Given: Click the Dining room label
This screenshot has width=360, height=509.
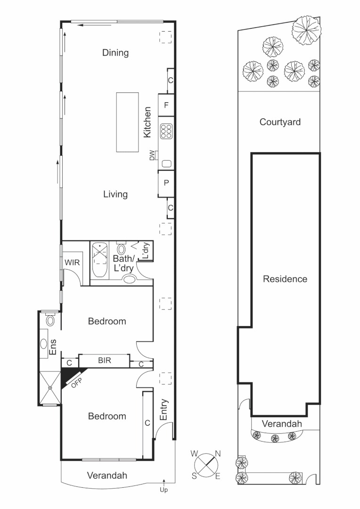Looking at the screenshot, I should pos(115,53).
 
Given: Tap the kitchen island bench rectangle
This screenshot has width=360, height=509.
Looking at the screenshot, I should pos(128,122).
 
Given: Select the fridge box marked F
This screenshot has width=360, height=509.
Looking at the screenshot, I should pos(166,106).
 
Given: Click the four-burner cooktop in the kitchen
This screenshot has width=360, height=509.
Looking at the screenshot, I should pos(166,131).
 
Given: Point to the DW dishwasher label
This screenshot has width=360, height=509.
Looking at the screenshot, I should pos(152,155).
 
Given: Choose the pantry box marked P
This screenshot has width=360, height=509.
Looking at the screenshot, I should pos(166,183).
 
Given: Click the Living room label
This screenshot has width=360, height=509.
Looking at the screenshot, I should pos(115,194).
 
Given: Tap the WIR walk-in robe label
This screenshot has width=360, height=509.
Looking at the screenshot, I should pos(72,263).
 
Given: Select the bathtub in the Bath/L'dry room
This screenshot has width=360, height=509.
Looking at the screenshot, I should pos(99,261).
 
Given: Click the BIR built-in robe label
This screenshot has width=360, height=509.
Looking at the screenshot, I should pos(104,361).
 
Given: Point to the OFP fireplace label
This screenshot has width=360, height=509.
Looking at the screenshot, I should pos(77,382).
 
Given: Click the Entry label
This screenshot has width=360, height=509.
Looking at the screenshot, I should pos(164,410).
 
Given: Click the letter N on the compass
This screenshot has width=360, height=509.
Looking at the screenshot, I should pos(218,454).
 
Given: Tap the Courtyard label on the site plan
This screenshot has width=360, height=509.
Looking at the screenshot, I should pos(280,123).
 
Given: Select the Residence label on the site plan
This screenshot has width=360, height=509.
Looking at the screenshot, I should pos(285,279).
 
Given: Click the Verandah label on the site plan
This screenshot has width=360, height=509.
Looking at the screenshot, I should pos(282,424).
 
